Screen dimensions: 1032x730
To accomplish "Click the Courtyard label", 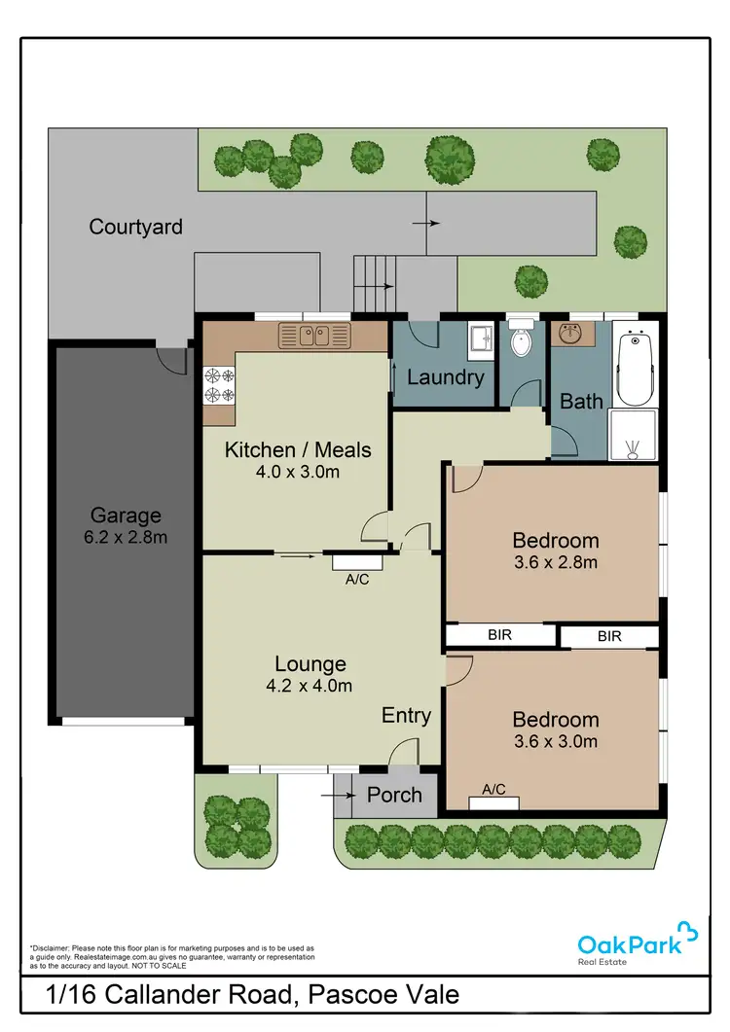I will pyautogui.click(x=135, y=227).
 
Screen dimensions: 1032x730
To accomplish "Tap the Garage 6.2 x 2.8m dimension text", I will pyautogui.click(x=126, y=537).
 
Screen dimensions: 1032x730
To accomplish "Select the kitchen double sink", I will pyautogui.click(x=312, y=337).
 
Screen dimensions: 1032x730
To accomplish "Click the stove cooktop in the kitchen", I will pyautogui.click(x=219, y=385).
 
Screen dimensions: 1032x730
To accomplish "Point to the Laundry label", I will pyautogui.click(x=445, y=377).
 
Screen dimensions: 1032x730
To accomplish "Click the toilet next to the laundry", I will pyautogui.click(x=522, y=342).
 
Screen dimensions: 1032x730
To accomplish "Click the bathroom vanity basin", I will pyautogui.click(x=568, y=334).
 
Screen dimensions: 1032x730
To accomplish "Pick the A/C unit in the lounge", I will pyautogui.click(x=357, y=561).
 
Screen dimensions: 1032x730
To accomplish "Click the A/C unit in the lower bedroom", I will pyautogui.click(x=493, y=802).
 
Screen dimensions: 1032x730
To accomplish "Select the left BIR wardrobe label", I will pyautogui.click(x=500, y=635).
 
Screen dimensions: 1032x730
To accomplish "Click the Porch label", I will pyautogui.click(x=394, y=795).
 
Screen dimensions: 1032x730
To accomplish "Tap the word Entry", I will pyautogui.click(x=406, y=716).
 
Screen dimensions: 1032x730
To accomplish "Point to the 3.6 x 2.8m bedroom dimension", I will pyautogui.click(x=556, y=561).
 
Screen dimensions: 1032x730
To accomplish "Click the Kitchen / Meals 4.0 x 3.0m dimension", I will pyautogui.click(x=297, y=473).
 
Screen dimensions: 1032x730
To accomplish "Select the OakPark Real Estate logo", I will pyautogui.click(x=638, y=944).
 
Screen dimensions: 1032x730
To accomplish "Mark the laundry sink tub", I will pyautogui.click(x=481, y=339).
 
